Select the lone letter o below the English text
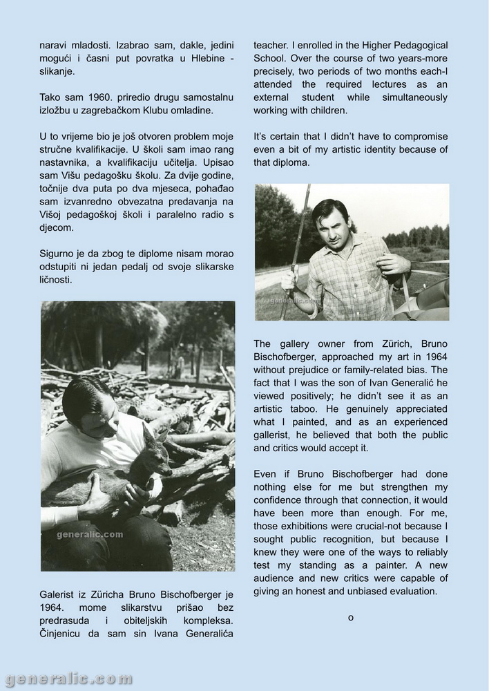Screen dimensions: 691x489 pyautogui.click(x=351, y=617)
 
